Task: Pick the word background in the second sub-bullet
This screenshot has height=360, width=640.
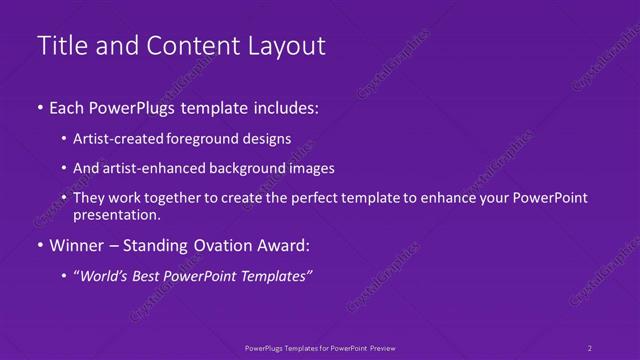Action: [x=247, y=168]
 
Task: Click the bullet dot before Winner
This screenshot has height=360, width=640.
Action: [x=39, y=245]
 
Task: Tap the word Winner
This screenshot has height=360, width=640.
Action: [x=78, y=245]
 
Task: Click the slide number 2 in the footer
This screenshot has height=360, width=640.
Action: [x=590, y=347]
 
